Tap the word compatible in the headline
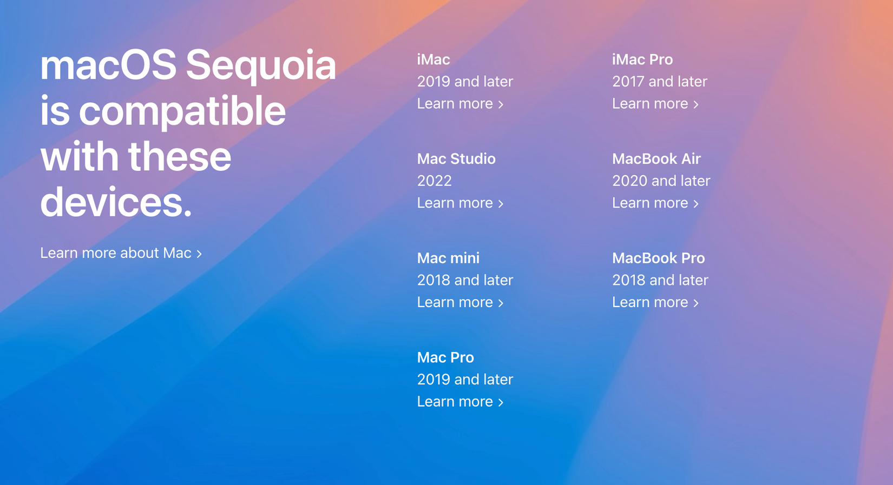pos(182,111)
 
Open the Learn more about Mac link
pos(121,253)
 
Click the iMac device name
pos(433,59)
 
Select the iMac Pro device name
pos(642,59)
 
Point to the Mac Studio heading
pos(456,159)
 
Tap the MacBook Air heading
pos(656,159)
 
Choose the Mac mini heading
pos(448,258)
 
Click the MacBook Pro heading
pos(658,258)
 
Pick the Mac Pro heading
pos(445,357)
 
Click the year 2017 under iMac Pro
pos(628,82)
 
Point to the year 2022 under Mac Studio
pos(434,181)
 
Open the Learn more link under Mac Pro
pos(455,402)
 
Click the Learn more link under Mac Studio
pos(455,203)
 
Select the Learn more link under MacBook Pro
pos(650,302)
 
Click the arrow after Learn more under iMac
pos(501,104)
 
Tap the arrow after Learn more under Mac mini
pos(501,303)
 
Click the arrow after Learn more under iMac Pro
pos(696,104)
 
